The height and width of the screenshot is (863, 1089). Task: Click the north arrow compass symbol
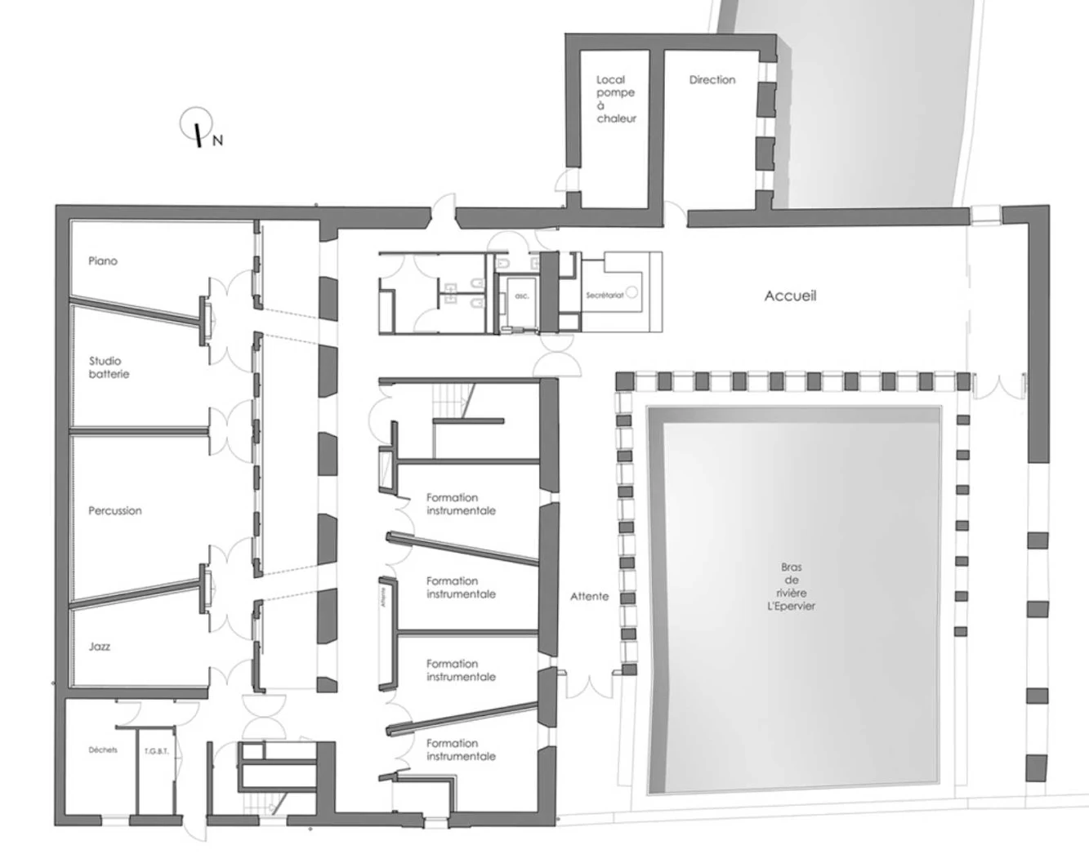click(x=196, y=124)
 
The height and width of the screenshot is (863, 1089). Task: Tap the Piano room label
click(x=103, y=261)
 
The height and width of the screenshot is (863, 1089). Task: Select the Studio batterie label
click(x=109, y=367)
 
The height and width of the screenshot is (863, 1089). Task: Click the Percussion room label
click(x=115, y=511)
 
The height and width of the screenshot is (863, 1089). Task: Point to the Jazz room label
click(x=100, y=647)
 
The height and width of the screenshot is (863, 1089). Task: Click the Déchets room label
click(x=103, y=750)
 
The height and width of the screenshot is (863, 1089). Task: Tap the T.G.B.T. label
click(x=156, y=751)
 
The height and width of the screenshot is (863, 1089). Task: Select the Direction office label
click(x=712, y=80)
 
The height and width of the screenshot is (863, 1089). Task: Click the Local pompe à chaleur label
click(x=615, y=99)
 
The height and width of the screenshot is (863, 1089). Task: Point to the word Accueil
click(x=790, y=296)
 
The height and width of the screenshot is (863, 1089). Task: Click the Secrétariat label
click(x=605, y=295)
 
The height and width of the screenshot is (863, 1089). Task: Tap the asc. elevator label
click(x=522, y=296)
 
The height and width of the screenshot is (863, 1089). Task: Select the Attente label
click(x=590, y=597)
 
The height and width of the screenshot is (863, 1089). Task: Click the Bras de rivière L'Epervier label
click(x=791, y=586)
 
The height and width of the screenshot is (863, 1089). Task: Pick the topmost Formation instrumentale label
click(x=461, y=504)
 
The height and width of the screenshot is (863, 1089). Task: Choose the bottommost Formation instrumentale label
click(x=461, y=750)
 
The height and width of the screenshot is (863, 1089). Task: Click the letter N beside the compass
click(x=217, y=140)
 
